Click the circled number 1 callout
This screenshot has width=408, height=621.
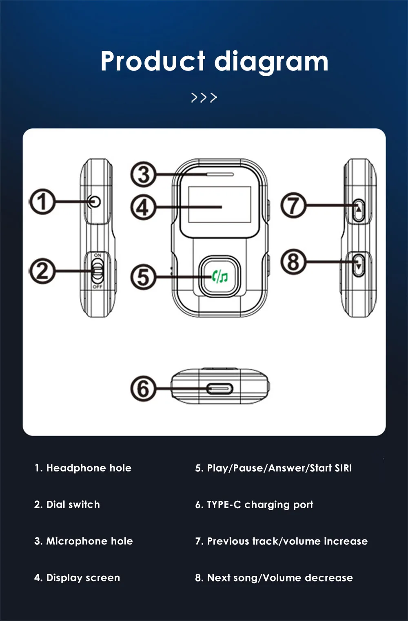coord(42,201)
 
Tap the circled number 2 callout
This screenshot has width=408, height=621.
coord(42,271)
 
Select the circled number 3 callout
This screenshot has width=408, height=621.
coord(143,174)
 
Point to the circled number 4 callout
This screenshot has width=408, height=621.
coord(143,207)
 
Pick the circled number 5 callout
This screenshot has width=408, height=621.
coord(143,277)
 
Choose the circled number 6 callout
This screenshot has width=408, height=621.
coord(143,388)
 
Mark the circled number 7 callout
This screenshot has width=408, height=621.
coord(293,205)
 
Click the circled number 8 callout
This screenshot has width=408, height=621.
coord(293,261)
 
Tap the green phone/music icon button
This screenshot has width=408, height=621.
coord(220,277)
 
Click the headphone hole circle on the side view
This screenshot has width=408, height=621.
coord(95,201)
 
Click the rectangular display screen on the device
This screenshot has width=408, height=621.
coord(219,205)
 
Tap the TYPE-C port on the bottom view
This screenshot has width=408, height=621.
coord(220,389)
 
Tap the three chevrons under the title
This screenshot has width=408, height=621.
coord(204,98)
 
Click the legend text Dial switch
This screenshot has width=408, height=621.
coord(73,504)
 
